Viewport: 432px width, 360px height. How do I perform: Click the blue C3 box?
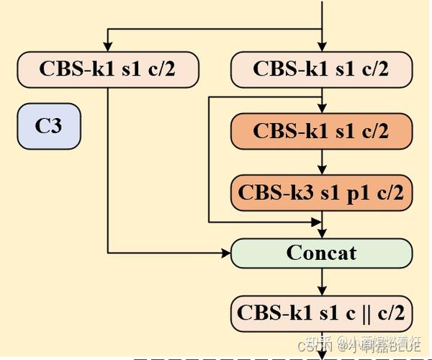(49, 127)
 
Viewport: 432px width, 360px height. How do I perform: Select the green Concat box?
(321, 253)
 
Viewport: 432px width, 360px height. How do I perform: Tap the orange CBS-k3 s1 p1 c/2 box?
(321, 192)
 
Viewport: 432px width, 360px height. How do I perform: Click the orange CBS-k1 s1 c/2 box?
(321, 131)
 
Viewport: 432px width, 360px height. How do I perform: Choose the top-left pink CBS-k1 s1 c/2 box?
(108, 70)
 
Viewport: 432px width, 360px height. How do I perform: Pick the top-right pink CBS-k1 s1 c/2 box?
(321, 70)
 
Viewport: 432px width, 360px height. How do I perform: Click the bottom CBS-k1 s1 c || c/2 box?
(321, 313)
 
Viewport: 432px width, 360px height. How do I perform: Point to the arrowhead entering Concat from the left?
(225, 253)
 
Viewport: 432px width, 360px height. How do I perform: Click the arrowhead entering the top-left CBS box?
(108, 48)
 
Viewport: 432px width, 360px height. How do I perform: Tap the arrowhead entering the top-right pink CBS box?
(321, 48)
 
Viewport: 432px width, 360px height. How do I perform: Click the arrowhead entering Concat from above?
(321, 233)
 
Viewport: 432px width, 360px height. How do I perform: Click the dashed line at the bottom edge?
(216, 358)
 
